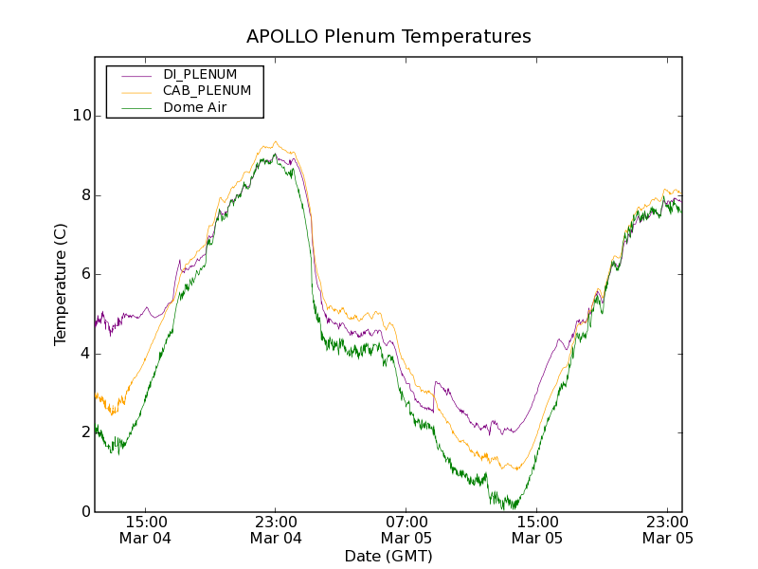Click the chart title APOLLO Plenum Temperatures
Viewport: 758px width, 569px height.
pos(388,37)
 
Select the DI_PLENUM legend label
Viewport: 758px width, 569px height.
pos(200,74)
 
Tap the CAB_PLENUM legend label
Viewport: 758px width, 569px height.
pos(207,91)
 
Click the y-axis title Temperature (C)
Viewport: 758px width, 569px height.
pos(61,284)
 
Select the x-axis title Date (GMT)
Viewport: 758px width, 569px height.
pos(388,556)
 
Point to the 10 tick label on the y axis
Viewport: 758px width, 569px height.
pos(81,116)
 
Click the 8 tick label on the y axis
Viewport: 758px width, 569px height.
pos(86,195)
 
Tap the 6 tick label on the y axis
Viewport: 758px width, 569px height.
pos(86,274)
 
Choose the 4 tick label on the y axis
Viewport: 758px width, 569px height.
pos(86,354)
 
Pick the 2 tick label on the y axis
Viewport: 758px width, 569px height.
pos(86,432)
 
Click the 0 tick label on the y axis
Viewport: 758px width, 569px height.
pos(86,512)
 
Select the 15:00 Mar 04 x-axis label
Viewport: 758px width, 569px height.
pos(146,529)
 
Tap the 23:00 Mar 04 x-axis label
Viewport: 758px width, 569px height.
pos(276,529)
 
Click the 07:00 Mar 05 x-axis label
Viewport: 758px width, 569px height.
pos(406,529)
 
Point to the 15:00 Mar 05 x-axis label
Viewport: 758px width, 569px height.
pos(537,529)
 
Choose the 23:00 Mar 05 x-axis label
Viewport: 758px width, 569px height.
pos(667,529)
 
